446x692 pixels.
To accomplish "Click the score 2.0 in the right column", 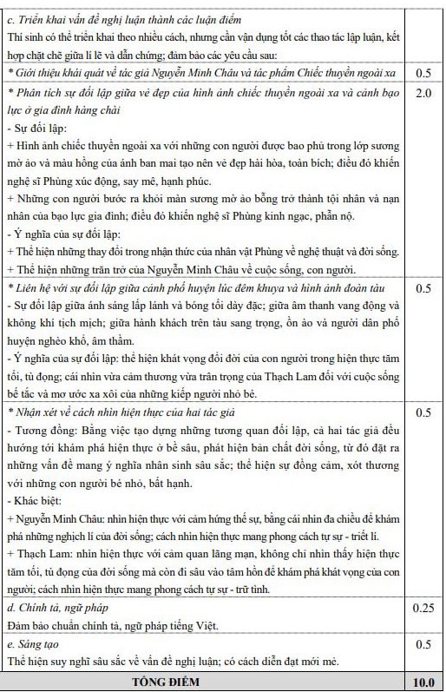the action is tap(423, 93).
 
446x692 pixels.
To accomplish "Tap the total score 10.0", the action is tap(423, 681).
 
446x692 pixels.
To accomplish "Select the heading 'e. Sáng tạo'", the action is tap(35, 644).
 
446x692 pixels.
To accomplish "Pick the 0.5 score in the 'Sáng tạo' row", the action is tap(423, 644).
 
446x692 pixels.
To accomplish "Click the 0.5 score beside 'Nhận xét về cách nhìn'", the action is tap(423, 413).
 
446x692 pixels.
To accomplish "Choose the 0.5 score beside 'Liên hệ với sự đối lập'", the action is tap(423, 287).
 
